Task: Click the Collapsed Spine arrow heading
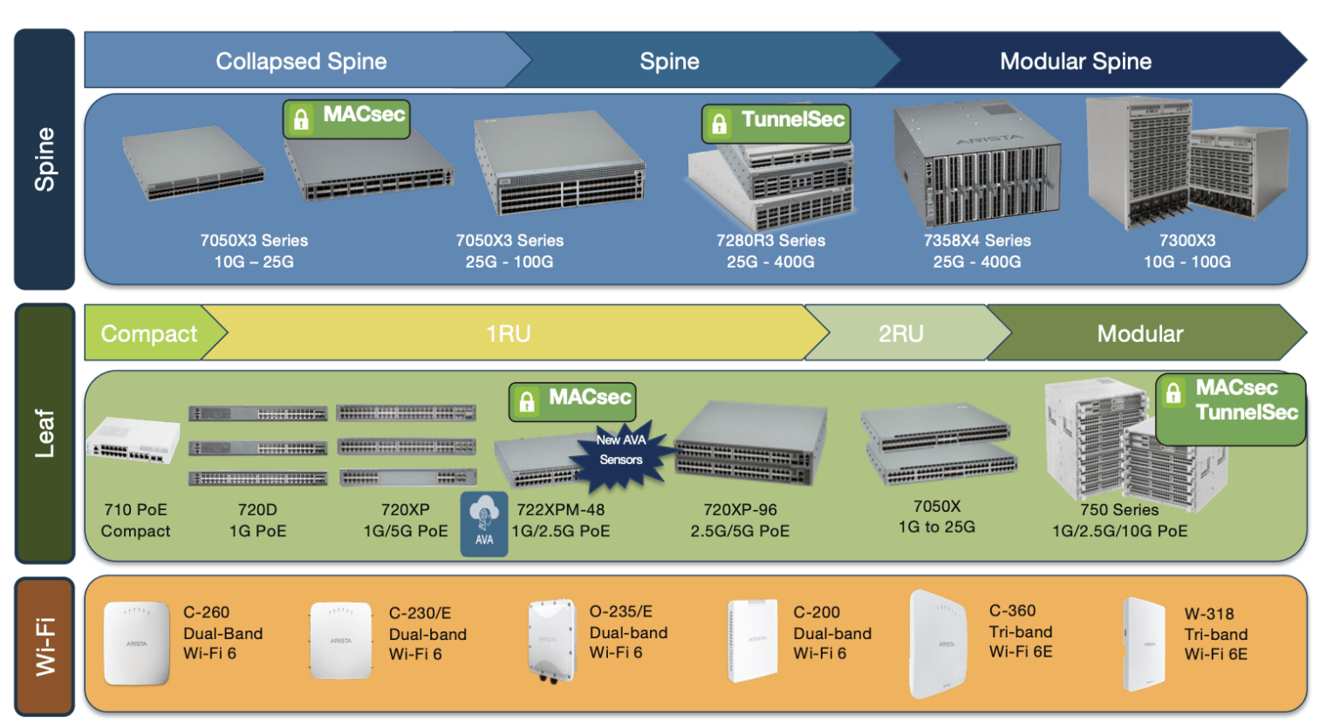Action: coord(301,61)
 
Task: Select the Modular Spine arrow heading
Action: coord(1075,61)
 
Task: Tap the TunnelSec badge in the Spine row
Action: coord(776,123)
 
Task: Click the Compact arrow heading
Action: coord(149,333)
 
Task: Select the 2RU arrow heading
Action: coord(900,333)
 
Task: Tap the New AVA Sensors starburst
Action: coord(621,451)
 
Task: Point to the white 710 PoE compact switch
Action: coord(133,441)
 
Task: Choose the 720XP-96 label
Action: coord(740,520)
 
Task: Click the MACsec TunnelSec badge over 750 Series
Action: coord(1230,408)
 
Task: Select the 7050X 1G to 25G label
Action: coord(937,516)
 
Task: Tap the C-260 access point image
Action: coord(136,643)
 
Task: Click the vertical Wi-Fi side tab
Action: coord(44,646)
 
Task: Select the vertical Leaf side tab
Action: coord(44,433)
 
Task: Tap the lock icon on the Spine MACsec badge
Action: coord(301,119)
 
